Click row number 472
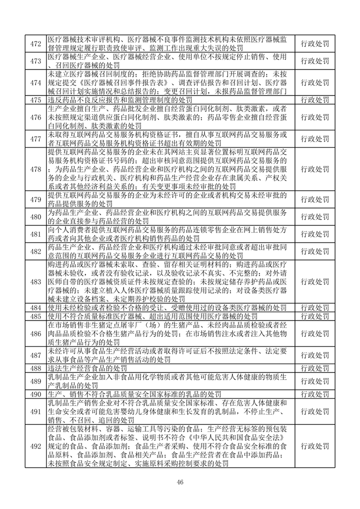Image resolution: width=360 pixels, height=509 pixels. [35, 44]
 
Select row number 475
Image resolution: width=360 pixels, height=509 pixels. [35, 100]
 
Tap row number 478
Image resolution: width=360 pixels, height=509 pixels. [35, 169]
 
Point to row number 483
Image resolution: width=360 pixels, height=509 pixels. [35, 281]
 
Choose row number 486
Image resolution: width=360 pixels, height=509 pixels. [35, 334]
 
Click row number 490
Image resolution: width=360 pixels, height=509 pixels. [35, 394]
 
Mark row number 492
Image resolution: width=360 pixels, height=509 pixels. [35, 446]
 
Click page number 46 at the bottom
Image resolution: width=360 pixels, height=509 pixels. [180, 481]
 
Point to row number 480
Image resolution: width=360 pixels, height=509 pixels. [35, 216]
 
